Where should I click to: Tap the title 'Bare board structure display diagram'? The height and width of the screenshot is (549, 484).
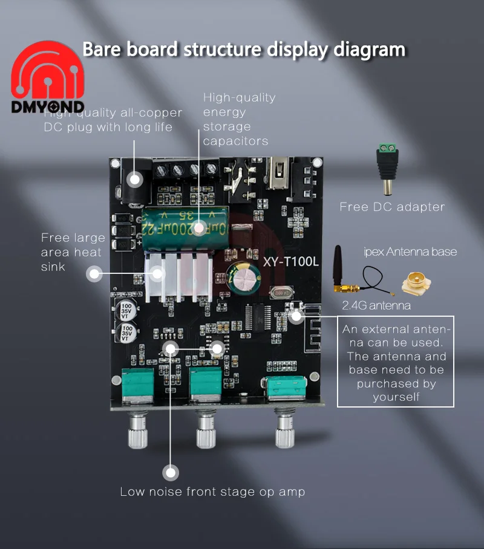(x=243, y=49)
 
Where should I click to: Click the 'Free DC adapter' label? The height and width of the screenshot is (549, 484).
(x=392, y=207)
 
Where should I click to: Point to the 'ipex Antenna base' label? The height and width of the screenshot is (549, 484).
(x=410, y=252)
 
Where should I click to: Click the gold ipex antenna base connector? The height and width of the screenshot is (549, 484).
(x=417, y=282)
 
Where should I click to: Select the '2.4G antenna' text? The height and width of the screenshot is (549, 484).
(x=376, y=305)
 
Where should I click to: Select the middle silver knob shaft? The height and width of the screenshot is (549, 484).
(x=206, y=431)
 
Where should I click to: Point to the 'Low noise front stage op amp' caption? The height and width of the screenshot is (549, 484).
(x=212, y=492)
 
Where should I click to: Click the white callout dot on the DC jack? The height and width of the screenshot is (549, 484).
(x=135, y=179)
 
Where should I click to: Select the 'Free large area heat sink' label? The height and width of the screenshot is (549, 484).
(x=73, y=252)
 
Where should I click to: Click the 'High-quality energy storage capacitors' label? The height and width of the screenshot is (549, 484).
(x=239, y=119)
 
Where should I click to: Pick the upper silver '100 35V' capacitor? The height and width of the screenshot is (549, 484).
(x=127, y=306)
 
